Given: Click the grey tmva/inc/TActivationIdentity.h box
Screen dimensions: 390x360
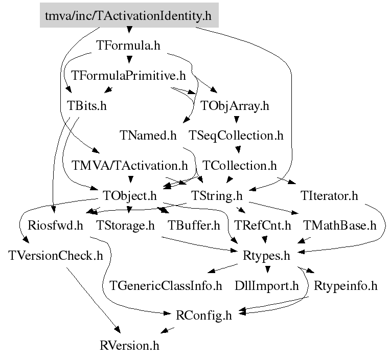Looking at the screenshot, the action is tap(129, 15).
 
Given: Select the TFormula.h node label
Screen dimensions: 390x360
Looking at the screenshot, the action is tap(128, 46).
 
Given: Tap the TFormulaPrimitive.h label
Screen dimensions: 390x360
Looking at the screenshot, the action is tap(128, 75).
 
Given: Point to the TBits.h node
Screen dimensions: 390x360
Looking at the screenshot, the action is tap(87, 106).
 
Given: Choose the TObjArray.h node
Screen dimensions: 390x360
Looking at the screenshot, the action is tap(235, 106).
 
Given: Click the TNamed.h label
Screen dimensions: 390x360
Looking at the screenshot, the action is tap(148, 136).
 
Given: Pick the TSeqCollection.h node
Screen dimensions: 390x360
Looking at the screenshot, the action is tap(236, 136).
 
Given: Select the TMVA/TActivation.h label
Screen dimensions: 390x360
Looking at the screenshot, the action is tap(130, 166).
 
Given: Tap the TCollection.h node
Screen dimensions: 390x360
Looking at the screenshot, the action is tap(240, 166).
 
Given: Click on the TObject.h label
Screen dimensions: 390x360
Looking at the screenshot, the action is tap(130, 196).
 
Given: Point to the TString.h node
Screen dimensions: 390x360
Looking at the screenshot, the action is tap(217, 196).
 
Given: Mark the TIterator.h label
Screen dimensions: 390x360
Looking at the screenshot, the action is tap(329, 196).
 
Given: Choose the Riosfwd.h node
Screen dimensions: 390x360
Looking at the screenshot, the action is tap(55, 226).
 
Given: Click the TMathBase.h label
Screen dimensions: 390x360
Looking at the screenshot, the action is tap(340, 226).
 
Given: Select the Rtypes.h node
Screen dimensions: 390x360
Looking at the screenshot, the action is tap(266, 256).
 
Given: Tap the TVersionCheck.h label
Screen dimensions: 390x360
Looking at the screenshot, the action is tap(56, 256).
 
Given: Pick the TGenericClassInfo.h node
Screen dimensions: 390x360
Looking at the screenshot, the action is tap(166, 286).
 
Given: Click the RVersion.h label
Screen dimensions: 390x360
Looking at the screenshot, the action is tap(129, 346).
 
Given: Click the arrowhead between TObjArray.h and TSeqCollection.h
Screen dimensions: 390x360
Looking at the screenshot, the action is tap(237, 120).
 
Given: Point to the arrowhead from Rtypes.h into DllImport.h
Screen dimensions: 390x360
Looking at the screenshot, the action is tap(267, 269).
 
